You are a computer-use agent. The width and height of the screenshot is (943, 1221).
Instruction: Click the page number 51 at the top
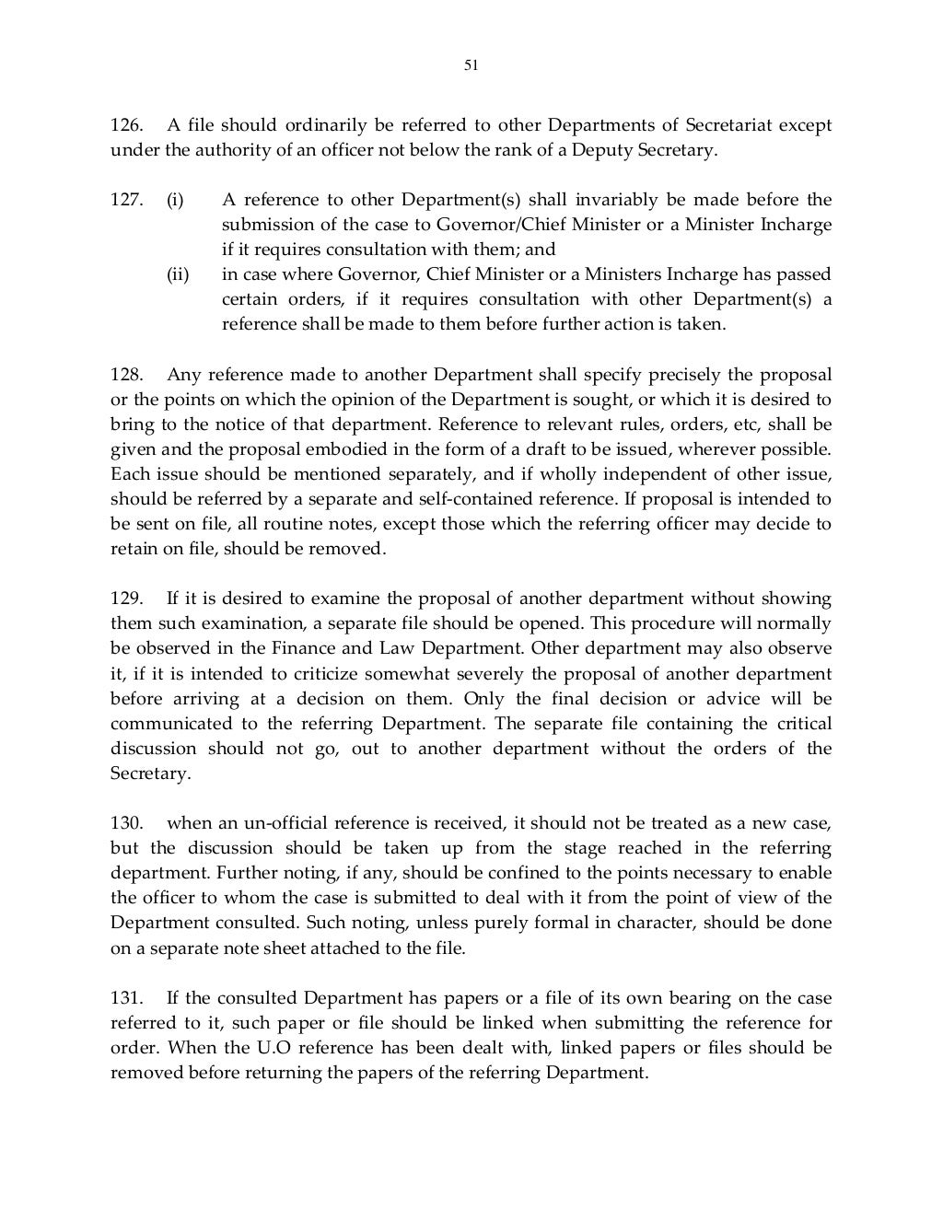(471, 65)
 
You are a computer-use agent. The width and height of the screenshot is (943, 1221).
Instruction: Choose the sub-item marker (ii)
(177, 274)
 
